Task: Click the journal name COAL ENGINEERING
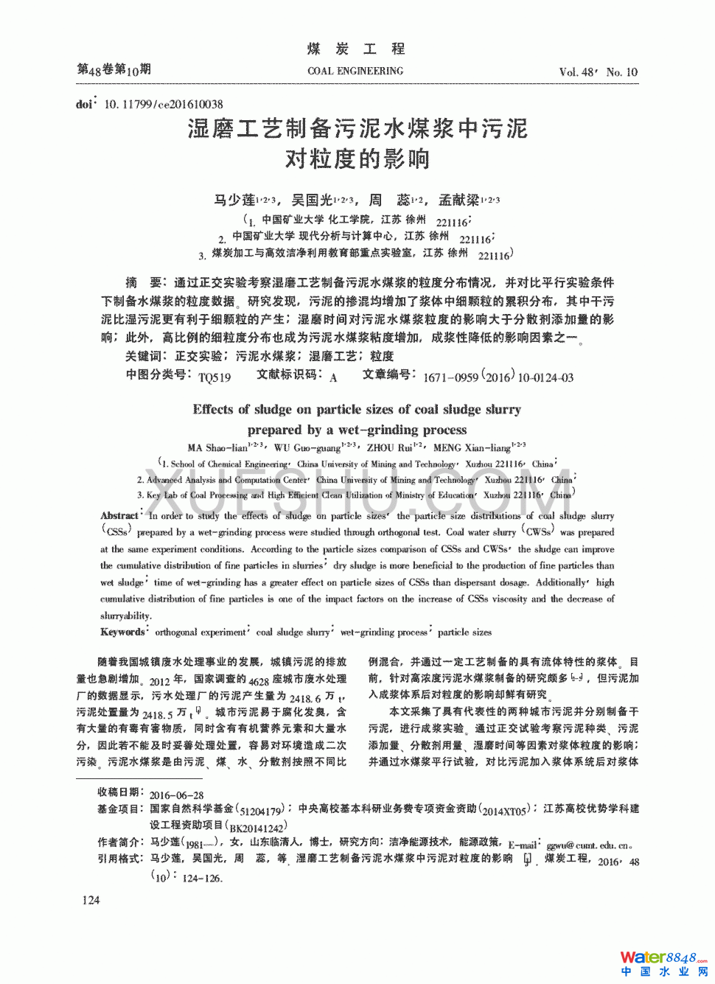355,71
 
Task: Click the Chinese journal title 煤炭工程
356,49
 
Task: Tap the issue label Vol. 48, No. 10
598,71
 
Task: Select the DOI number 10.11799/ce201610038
163,104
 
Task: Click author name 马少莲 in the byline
234,200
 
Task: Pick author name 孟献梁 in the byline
458,200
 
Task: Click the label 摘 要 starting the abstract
142,282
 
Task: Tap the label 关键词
142,356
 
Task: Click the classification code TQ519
214,377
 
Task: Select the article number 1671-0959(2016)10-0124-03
498,377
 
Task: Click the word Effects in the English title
214,409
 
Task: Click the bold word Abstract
119,516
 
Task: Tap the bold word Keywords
122,632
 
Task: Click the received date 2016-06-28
176,795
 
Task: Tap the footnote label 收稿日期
120,792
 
